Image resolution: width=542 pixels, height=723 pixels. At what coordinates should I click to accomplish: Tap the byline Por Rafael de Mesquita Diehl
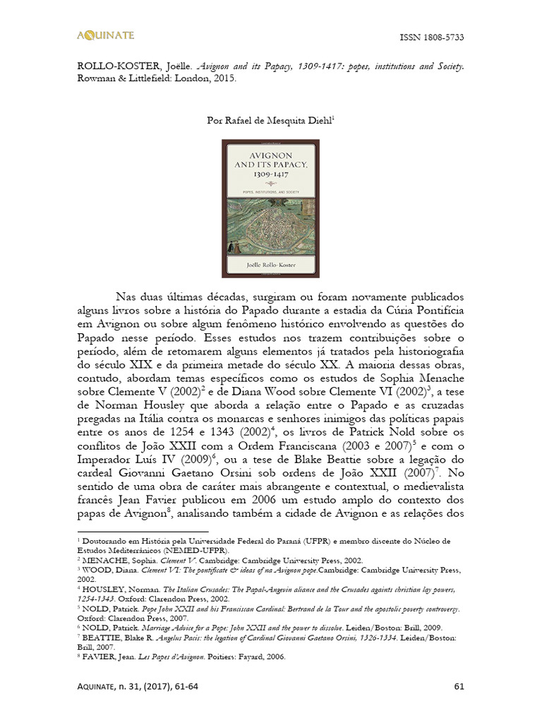click(270, 121)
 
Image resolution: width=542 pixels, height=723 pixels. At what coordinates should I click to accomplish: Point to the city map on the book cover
click(271, 227)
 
